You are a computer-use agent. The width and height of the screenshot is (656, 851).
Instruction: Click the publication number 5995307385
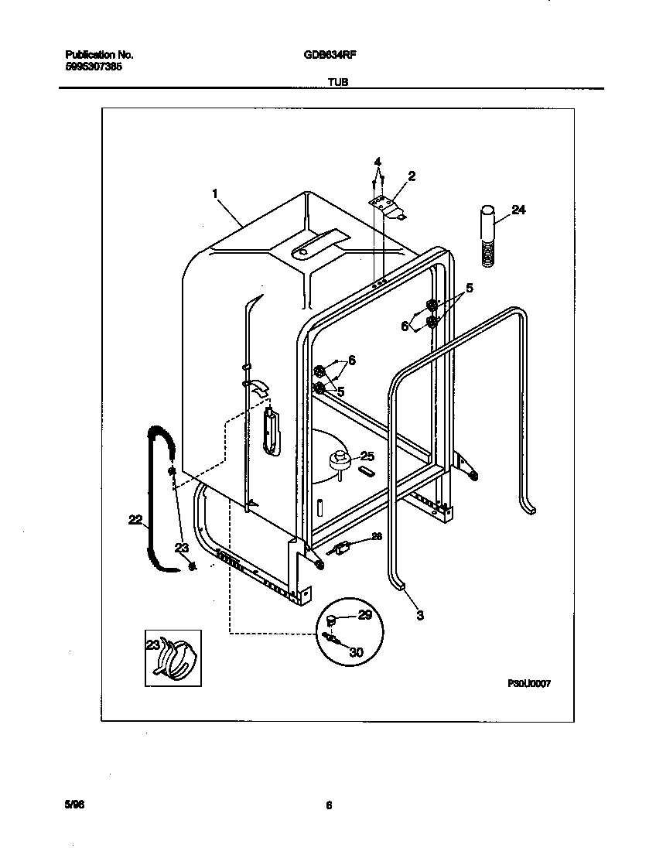93,67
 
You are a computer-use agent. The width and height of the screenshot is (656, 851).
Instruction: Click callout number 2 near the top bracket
412,176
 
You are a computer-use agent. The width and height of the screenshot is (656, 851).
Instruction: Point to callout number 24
518,210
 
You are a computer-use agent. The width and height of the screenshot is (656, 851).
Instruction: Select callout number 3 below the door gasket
420,616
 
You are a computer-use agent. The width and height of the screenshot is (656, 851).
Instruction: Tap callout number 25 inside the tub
367,456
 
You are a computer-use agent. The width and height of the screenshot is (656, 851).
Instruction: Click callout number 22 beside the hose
135,521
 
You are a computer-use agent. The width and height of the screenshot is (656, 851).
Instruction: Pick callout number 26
377,536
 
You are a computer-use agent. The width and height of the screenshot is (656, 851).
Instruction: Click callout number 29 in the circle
364,615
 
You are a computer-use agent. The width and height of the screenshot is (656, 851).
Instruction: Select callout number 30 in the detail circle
356,652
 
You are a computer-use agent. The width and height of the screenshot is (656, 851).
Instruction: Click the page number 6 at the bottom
329,805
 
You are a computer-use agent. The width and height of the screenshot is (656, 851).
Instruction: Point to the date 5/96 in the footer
74,805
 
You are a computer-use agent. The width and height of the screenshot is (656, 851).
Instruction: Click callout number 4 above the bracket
378,162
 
